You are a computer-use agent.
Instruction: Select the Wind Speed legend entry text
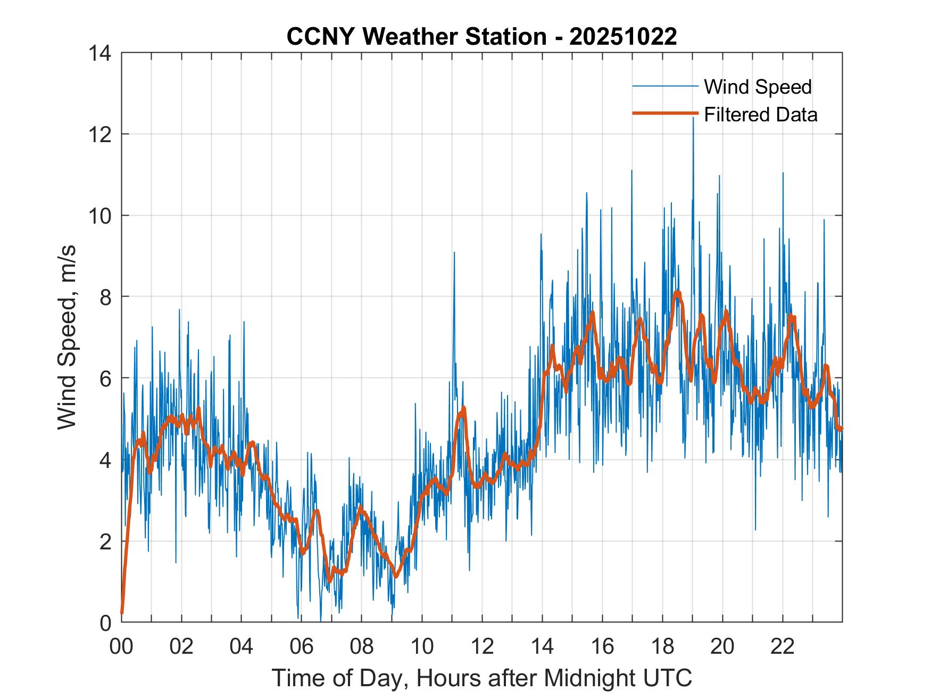coord(758,87)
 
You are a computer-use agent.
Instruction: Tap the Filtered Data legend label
coord(760,114)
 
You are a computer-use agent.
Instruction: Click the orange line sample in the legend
coord(665,113)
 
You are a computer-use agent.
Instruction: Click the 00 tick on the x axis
coord(121,646)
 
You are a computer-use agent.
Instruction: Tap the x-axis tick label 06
coord(302,646)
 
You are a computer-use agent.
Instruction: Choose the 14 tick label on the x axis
coord(542,646)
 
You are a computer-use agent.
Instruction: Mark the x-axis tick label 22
coord(783,646)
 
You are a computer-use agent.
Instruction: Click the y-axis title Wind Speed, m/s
coord(67,338)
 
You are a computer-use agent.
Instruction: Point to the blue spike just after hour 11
coord(454,253)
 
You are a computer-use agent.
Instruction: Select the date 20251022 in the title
coord(623,37)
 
